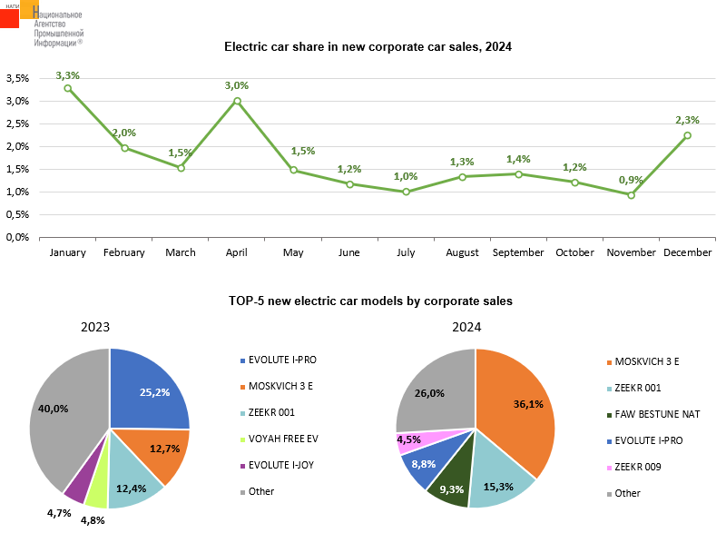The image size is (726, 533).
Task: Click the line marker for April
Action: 237,101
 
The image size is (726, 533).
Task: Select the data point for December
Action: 687,135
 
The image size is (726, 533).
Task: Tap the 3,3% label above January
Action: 68,75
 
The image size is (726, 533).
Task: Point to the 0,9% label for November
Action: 631,180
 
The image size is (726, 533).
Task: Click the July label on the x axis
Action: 406,252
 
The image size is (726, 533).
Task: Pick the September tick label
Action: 518,252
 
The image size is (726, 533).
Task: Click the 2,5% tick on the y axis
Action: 16,123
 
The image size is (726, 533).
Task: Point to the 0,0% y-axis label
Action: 16,237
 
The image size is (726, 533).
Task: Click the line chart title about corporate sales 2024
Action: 368,46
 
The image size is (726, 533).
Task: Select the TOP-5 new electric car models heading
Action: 368,301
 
